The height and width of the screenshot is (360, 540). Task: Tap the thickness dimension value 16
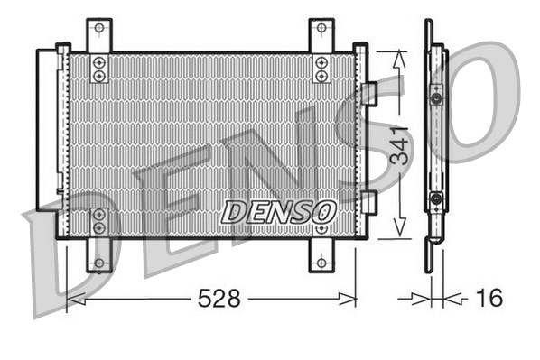click(489, 299)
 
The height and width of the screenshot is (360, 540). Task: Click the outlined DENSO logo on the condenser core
click(279, 211)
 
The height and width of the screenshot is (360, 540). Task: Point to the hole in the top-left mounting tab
click(99, 32)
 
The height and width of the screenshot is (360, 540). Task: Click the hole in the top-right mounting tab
click(321, 32)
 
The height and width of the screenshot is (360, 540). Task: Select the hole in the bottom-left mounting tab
click(99, 263)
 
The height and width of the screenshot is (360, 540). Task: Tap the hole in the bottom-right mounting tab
click(321, 263)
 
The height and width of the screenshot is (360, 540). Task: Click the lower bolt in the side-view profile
click(436, 198)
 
